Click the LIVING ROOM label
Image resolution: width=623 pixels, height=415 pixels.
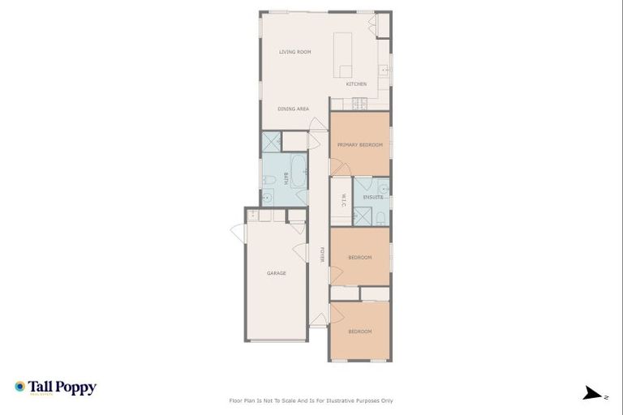(295, 52)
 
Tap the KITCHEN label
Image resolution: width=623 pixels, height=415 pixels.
(356, 84)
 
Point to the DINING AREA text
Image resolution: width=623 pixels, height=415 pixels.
(293, 109)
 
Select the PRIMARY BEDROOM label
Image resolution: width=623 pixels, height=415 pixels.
(359, 144)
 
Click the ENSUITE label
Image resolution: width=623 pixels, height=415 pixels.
(372, 197)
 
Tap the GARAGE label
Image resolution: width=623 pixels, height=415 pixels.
(277, 273)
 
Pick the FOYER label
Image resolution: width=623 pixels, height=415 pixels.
(322, 255)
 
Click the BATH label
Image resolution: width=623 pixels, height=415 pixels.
(286, 180)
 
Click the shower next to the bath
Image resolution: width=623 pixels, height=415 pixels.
(271, 142)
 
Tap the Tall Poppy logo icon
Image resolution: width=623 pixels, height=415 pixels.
(19, 387)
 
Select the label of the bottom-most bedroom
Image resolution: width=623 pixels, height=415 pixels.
(359, 332)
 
